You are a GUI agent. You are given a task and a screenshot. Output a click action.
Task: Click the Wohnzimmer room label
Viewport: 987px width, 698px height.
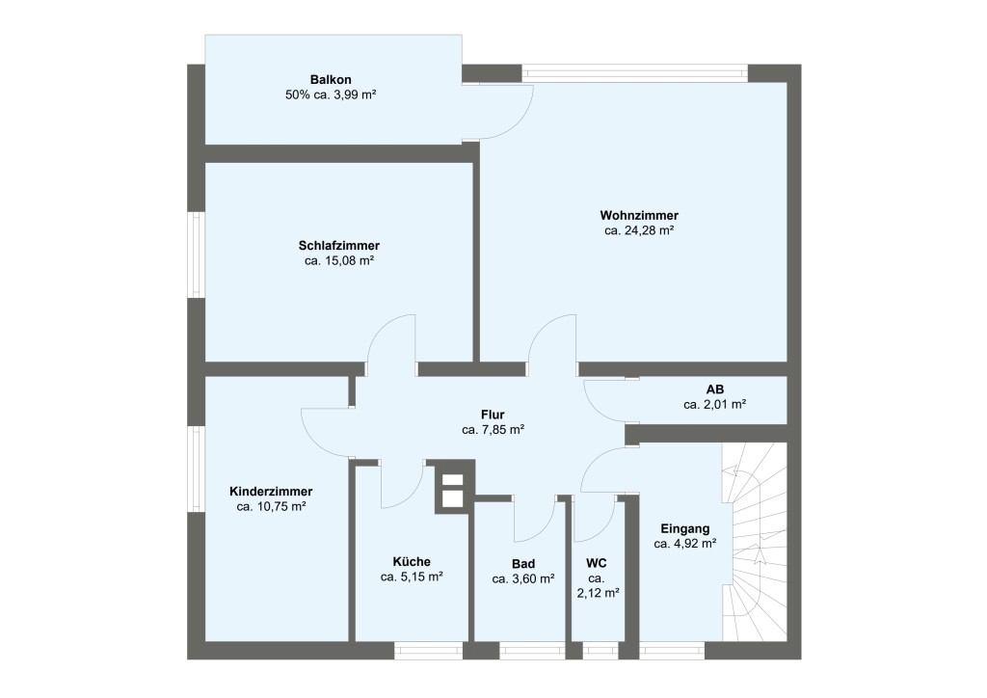tap(638, 215)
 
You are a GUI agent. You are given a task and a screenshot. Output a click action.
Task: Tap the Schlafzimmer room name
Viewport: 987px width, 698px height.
tap(338, 245)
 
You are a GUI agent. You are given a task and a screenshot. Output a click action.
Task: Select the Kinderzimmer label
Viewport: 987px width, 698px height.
tap(271, 491)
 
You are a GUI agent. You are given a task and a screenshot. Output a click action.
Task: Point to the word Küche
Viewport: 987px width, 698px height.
tap(412, 562)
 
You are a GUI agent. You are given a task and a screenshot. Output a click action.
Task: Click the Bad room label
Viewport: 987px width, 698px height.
tap(523, 564)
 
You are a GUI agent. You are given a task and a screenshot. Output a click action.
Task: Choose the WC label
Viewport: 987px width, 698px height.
tap(597, 564)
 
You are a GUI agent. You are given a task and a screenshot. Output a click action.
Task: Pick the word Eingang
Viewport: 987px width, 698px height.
tap(685, 528)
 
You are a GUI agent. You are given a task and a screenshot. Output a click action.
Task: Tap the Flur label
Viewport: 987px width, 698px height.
tap(493, 415)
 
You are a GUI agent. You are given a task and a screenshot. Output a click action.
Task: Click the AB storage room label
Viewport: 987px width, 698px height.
tap(715, 389)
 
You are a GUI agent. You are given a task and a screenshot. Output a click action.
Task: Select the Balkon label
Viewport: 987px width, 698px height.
tap(330, 79)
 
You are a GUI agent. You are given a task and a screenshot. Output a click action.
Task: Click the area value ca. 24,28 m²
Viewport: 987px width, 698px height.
tap(638, 230)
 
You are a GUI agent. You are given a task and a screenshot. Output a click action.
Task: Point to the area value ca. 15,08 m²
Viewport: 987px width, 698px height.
tap(338, 260)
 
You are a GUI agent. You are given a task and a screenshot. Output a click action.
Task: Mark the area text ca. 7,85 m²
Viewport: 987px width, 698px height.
tap(493, 430)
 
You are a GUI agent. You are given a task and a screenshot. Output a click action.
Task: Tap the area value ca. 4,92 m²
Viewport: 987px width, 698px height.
tap(685, 544)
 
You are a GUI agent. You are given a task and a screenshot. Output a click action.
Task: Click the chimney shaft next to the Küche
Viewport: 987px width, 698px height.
tap(451, 489)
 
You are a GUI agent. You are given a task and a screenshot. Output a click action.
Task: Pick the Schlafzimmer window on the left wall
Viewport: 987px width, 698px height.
tap(197, 255)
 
